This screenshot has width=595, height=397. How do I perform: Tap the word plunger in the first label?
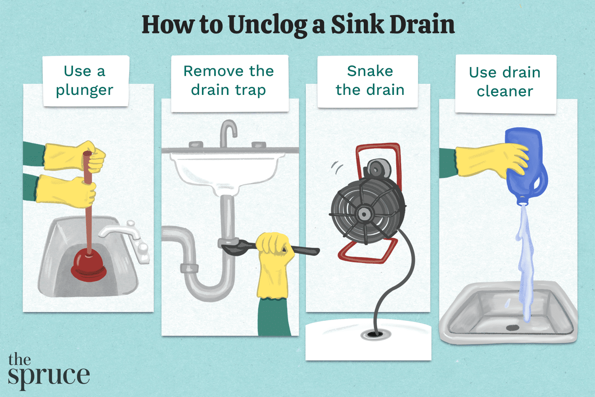pyautogui.click(x=84, y=90)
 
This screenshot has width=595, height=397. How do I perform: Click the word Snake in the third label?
pyautogui.click(x=370, y=71)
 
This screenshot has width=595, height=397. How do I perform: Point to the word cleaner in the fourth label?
pyautogui.click(x=505, y=91)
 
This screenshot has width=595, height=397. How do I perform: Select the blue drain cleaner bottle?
pyautogui.click(x=526, y=167)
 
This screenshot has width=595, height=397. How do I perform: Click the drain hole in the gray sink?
pyautogui.click(x=512, y=328)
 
